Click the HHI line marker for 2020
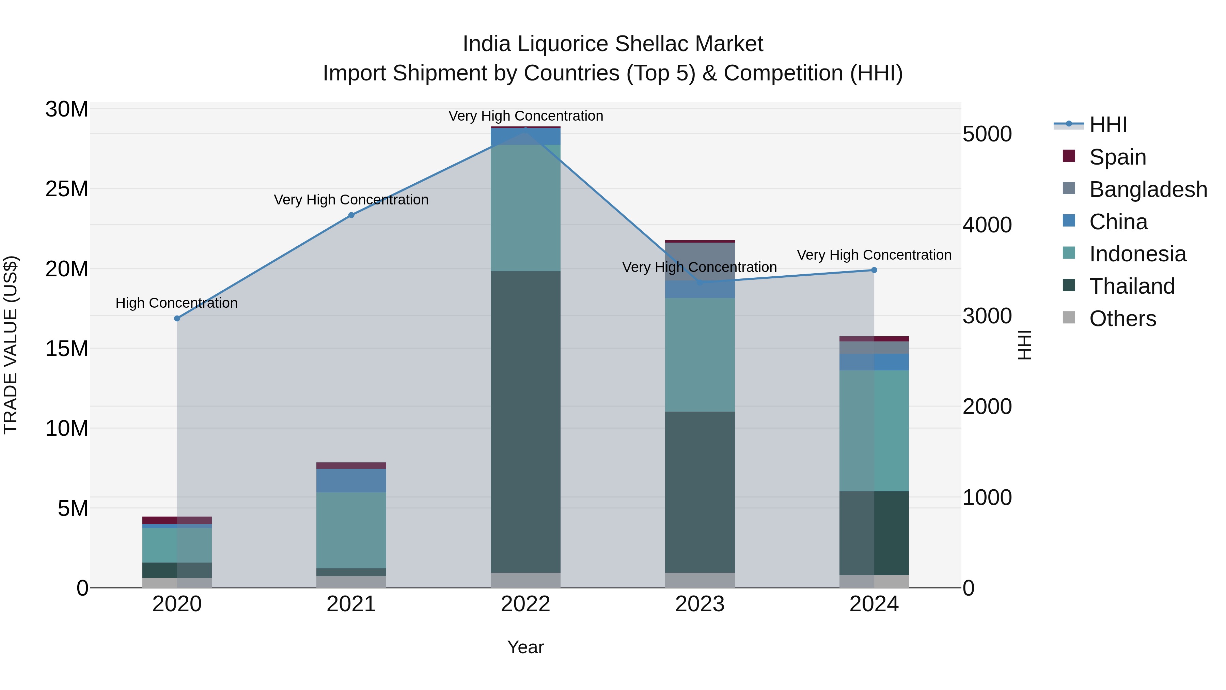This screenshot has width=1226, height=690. click(177, 318)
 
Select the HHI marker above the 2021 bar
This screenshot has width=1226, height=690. click(351, 215)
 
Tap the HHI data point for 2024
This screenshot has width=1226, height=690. click(874, 270)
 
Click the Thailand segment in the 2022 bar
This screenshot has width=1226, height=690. click(525, 421)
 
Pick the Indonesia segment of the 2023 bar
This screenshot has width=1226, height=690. click(700, 355)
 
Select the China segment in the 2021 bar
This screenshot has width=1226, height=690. click(351, 480)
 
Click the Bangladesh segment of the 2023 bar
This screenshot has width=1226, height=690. click(700, 261)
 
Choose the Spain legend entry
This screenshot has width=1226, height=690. click(1117, 157)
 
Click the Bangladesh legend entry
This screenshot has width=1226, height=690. click(1147, 189)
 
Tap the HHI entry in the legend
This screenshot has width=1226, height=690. click(1107, 125)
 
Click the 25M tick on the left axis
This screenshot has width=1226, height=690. click(67, 189)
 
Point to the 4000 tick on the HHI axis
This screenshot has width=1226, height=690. click(987, 225)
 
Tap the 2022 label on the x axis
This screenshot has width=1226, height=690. click(525, 604)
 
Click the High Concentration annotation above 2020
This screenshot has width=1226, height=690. click(176, 303)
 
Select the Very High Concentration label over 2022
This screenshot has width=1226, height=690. click(525, 116)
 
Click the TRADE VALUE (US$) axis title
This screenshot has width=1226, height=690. click(11, 345)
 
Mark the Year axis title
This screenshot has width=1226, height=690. click(525, 647)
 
